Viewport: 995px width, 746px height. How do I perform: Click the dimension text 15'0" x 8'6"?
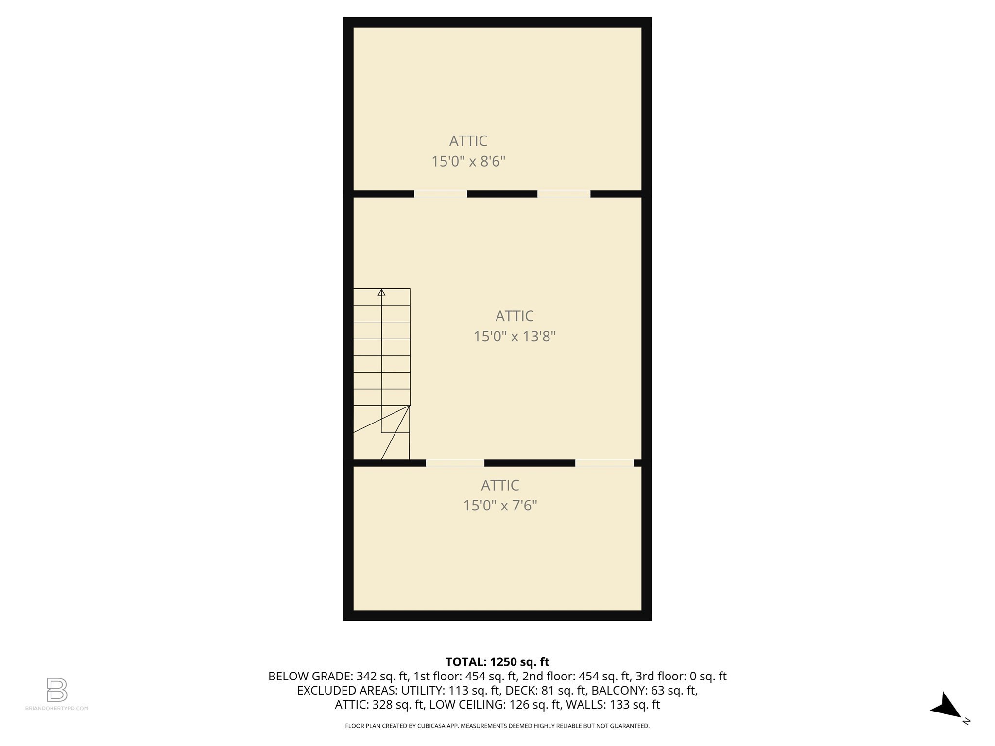coord(468,161)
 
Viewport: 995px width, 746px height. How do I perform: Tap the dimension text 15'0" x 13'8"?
coord(515,336)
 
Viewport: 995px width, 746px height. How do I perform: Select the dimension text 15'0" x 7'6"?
coord(500,506)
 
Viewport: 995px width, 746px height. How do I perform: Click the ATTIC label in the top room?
coord(468,141)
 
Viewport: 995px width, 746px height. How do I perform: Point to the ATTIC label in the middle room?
coord(515,316)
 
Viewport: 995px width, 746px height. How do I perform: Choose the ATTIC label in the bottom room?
coord(500,485)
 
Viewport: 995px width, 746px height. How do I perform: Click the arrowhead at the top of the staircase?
coord(382,292)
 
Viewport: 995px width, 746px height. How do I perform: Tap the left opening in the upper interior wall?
coord(441,194)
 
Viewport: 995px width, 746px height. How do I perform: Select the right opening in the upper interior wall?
coord(564,194)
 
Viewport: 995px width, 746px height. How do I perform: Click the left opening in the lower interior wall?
coord(455,463)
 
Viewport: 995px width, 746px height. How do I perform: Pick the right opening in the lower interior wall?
coord(604,463)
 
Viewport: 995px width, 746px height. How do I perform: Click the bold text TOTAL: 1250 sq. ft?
coord(497,662)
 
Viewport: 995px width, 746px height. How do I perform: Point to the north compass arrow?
coord(946,706)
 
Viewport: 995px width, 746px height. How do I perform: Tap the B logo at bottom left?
coord(57,690)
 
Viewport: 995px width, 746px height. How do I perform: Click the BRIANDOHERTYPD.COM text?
coord(57,708)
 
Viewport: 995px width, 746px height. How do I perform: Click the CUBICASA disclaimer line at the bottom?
coord(497,726)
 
